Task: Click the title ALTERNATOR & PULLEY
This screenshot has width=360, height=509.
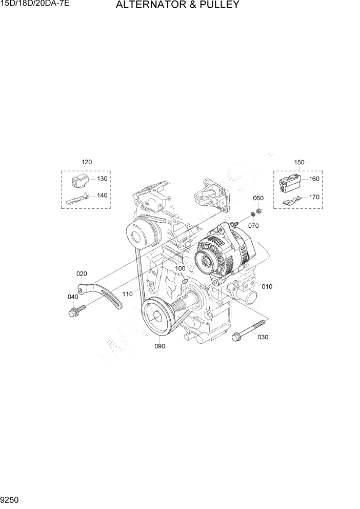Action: click(177, 6)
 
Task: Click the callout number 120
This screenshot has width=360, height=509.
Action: click(87, 162)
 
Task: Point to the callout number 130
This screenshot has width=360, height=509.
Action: click(103, 179)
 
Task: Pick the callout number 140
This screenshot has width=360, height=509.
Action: click(103, 195)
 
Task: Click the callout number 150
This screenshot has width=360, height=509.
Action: click(299, 162)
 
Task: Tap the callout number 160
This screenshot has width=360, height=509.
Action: click(314, 180)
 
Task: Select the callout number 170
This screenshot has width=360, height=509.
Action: click(314, 197)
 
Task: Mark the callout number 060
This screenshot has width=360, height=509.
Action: click(258, 198)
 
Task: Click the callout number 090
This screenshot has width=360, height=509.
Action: click(159, 346)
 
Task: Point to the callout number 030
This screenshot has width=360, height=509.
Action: click(263, 337)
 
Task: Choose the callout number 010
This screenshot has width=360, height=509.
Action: click(267, 286)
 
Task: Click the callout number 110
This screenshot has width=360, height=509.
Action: click(128, 294)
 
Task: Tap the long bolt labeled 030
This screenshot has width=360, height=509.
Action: click(249, 329)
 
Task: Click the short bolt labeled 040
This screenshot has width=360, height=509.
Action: click(75, 310)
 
